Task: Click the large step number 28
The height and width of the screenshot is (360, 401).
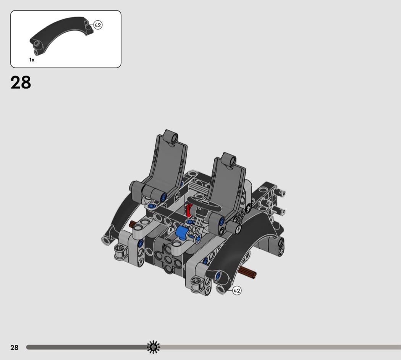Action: point(21,83)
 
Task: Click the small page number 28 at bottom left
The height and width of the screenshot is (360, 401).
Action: point(15,347)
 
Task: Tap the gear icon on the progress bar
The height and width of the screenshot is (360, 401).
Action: point(153,347)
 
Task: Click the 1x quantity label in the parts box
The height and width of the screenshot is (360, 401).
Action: point(32,60)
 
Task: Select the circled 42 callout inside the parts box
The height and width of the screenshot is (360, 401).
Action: point(98,25)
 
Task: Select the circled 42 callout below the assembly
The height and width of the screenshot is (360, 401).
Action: point(237,291)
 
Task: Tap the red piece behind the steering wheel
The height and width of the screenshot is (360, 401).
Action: point(189,210)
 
